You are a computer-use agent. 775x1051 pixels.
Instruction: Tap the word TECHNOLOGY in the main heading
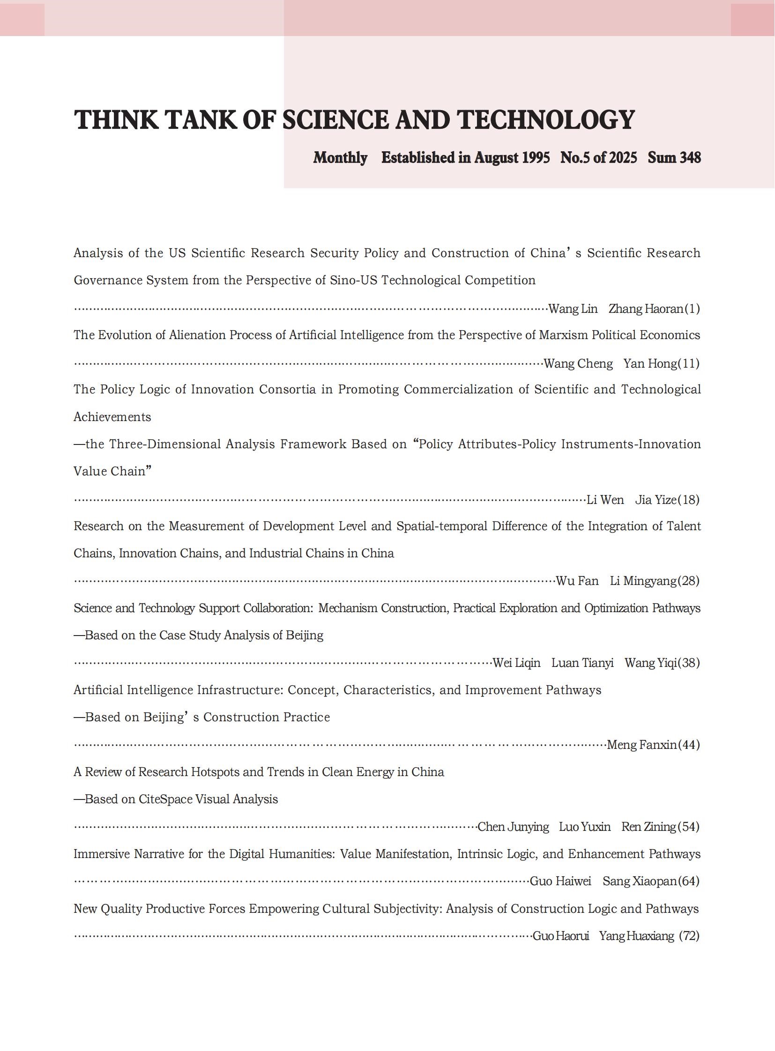[x=545, y=119]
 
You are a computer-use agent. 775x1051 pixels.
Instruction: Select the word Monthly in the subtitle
[x=340, y=157]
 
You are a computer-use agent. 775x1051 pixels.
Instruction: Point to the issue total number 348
[x=690, y=157]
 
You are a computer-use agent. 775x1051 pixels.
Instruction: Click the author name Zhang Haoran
[x=646, y=309]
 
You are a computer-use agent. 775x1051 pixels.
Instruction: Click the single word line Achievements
[x=112, y=417]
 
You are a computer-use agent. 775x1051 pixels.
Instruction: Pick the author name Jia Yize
[x=656, y=500]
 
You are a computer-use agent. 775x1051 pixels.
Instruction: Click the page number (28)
[x=688, y=581]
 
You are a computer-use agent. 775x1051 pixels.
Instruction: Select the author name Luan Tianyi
[x=582, y=663]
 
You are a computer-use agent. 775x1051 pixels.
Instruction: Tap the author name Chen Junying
[x=513, y=827]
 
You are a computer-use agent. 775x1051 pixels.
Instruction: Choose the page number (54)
[x=688, y=827]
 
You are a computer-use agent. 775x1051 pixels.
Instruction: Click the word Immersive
[x=101, y=854]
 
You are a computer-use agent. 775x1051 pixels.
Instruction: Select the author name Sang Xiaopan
[x=640, y=881]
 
